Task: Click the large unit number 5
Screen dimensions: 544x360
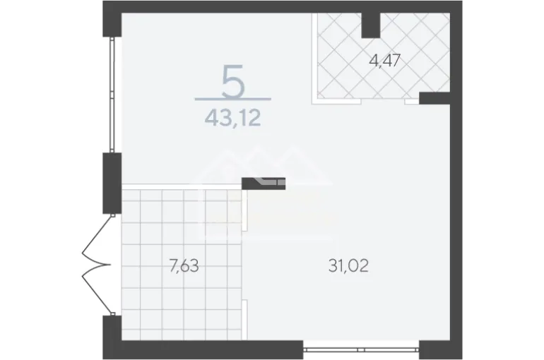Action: tap(233, 81)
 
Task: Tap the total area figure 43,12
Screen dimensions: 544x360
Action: tap(232, 118)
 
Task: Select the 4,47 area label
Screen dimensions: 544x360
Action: tap(385, 61)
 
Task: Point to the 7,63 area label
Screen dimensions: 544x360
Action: tap(184, 266)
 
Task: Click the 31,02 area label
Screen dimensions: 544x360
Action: tap(348, 265)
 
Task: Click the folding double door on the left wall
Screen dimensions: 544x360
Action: tap(97, 265)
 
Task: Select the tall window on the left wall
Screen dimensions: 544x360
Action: tap(112, 95)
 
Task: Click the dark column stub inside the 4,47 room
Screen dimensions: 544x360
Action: tap(371, 25)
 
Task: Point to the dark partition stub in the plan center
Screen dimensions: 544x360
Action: tap(264, 184)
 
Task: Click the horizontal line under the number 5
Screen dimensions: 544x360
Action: tap(233, 99)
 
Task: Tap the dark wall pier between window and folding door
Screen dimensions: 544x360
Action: tap(112, 184)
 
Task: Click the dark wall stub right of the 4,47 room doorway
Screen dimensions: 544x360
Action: tap(434, 98)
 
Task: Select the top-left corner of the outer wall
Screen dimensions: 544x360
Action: tap(103, 1)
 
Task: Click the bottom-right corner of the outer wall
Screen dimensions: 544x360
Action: tap(462, 359)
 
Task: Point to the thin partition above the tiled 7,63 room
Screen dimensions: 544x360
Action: tap(182, 187)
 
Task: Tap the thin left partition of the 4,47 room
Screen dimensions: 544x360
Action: tap(314, 58)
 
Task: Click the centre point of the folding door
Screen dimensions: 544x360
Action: tap(110, 265)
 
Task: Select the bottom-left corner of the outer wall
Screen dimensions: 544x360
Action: tap(103, 359)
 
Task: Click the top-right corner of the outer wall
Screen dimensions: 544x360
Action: tap(462, 1)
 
